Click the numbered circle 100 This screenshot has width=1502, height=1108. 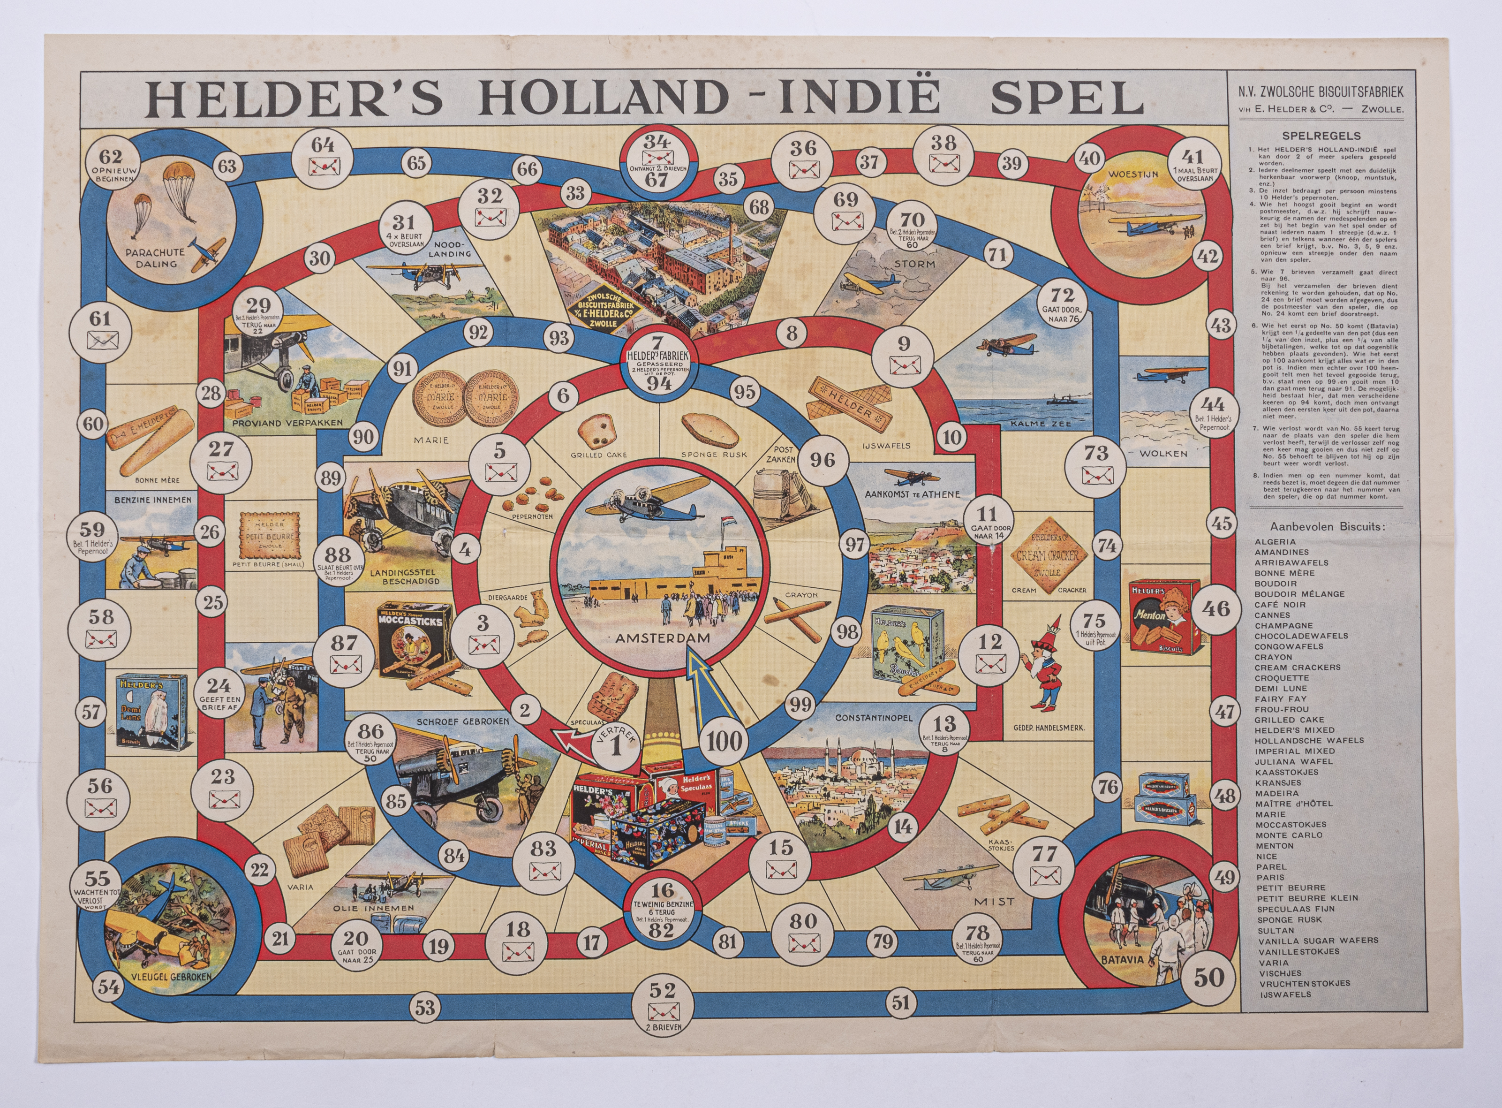click(x=725, y=742)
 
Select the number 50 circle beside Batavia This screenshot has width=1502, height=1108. click(x=1208, y=977)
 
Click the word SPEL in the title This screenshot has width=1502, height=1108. click(x=1066, y=98)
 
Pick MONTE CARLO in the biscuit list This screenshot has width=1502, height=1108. click(x=1289, y=835)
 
